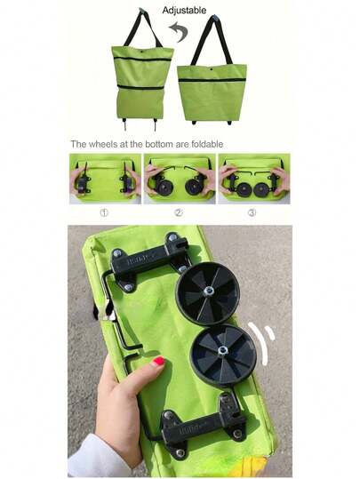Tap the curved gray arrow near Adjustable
click(x=179, y=34)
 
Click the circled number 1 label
click(x=104, y=212)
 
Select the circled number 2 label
click(x=179, y=212)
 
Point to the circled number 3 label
click(x=252, y=212)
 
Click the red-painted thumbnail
click(x=157, y=363)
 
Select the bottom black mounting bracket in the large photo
click(x=200, y=428)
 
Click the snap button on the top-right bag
click(x=212, y=68)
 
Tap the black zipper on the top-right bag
click(x=212, y=80)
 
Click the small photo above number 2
click(x=179, y=178)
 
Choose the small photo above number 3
click(x=253, y=178)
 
